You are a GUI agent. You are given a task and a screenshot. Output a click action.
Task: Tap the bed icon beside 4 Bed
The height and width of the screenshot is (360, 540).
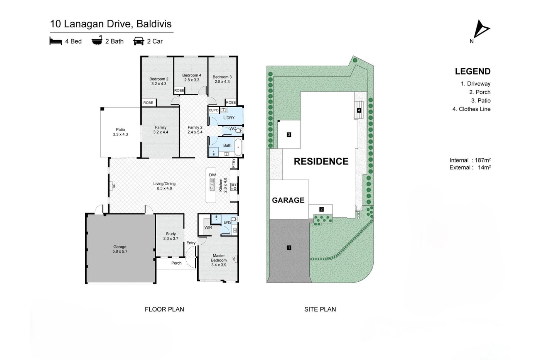(x=56, y=41)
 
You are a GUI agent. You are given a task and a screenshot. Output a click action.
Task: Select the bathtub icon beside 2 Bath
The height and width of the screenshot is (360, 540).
(x=97, y=41)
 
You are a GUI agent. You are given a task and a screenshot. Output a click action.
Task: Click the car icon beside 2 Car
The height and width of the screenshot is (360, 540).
(x=138, y=41)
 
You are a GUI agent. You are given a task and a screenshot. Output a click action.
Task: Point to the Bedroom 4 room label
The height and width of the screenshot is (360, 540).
(x=192, y=78)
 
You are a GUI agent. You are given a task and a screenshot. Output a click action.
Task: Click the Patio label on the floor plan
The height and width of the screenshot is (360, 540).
(x=120, y=132)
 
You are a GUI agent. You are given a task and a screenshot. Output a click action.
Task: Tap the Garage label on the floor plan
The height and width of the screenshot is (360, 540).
(x=120, y=249)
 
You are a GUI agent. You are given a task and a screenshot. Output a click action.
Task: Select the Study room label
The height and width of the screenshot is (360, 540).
(x=170, y=236)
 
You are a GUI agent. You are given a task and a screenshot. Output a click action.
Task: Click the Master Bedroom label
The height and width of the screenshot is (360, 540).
(x=219, y=260)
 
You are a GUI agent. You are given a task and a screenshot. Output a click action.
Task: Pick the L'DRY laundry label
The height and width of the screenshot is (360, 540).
(x=229, y=118)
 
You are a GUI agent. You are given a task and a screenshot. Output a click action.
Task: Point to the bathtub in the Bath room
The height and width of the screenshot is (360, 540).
(x=238, y=147)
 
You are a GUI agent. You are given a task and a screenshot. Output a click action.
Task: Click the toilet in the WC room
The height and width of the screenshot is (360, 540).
(x=238, y=131)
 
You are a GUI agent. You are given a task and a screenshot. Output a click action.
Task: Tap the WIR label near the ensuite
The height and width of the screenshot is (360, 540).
(x=208, y=227)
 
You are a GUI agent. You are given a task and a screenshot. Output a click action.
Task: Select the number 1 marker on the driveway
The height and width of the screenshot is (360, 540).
(x=289, y=248)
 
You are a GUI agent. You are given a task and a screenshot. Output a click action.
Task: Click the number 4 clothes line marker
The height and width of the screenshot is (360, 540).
(x=359, y=110)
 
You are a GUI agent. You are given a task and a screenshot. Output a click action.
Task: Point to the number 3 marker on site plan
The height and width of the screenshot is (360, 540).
(x=289, y=135)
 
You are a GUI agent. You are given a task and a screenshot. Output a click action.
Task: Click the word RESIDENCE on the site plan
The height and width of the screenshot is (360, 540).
(x=321, y=161)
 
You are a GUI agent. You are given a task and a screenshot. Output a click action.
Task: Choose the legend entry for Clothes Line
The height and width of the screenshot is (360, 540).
(x=471, y=109)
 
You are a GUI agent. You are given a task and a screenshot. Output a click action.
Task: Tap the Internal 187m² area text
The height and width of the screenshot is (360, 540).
(x=470, y=160)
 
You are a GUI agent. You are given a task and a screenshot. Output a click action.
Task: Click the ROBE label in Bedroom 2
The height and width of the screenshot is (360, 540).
(x=148, y=103)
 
